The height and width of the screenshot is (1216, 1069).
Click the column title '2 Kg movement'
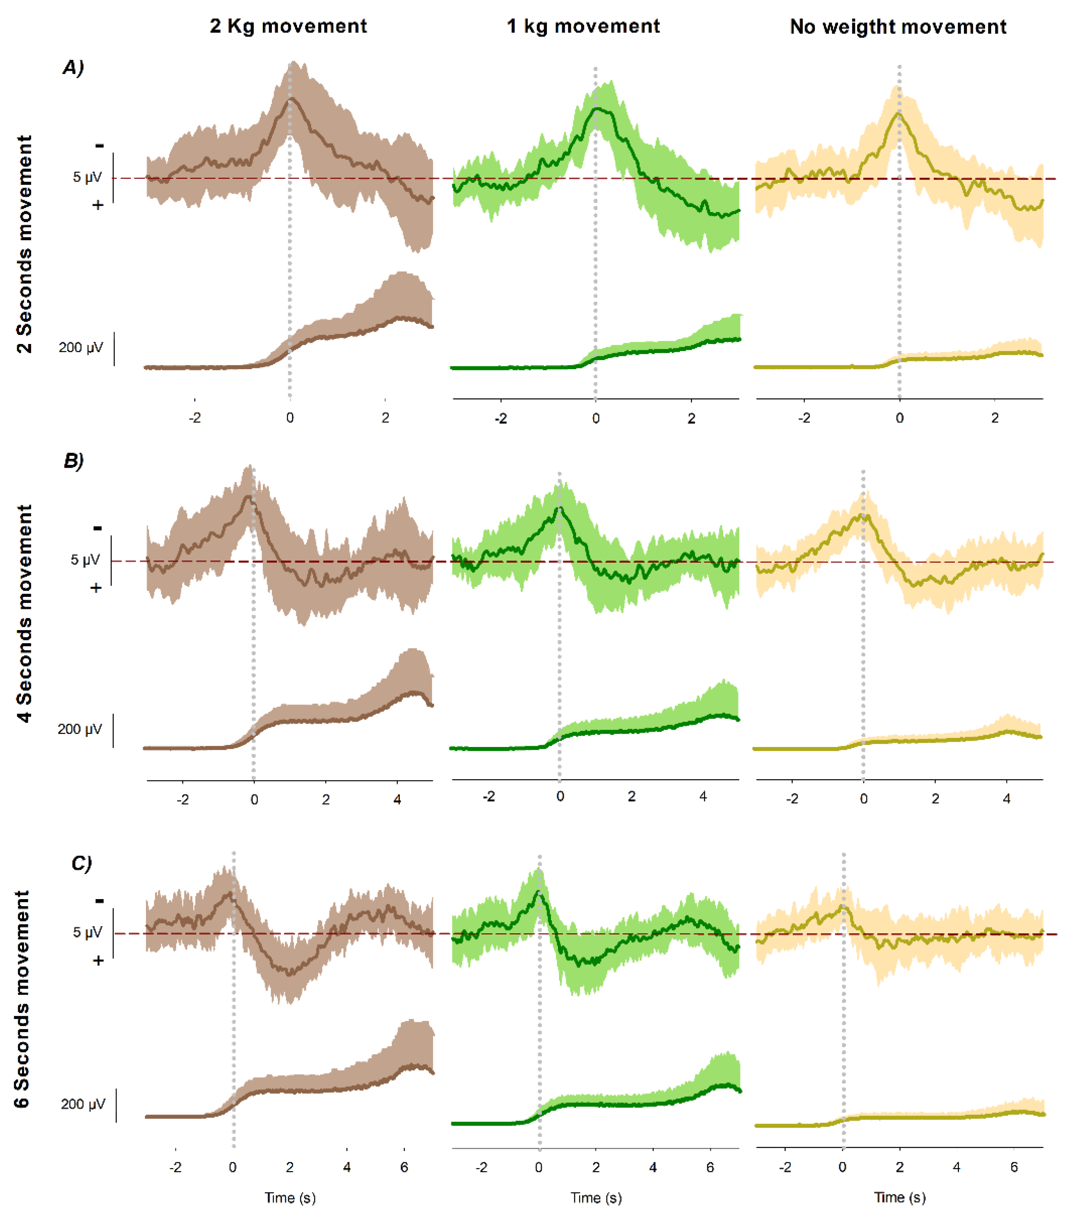[x=288, y=26]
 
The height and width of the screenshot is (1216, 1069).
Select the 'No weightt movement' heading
[x=897, y=27]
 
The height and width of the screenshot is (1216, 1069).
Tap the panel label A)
[x=73, y=67]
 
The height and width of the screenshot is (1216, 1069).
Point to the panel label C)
[x=81, y=863]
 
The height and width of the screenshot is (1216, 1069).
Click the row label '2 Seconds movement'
[x=24, y=244]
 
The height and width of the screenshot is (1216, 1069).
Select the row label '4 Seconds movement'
[x=24, y=613]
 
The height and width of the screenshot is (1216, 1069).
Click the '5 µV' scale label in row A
[x=87, y=177]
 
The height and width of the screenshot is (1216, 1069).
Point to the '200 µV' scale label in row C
[x=83, y=1104]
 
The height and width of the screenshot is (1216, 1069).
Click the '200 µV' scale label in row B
[x=80, y=729]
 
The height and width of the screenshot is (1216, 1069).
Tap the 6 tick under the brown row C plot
[x=404, y=1167]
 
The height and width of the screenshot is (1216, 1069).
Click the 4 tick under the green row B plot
[x=703, y=797]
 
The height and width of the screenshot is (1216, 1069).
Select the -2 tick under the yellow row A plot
[x=804, y=418]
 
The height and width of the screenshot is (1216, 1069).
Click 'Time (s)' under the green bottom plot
[x=596, y=1198]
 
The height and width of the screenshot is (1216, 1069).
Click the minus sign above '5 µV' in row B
[x=98, y=528]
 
